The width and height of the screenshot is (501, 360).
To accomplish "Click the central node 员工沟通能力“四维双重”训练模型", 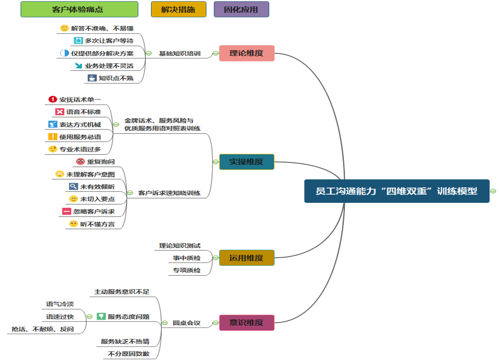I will click(x=397, y=191).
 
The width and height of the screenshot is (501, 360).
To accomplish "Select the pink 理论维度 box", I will click(x=247, y=53).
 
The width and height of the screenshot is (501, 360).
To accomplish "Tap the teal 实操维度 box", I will click(x=247, y=162).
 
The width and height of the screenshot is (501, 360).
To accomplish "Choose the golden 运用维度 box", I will click(x=247, y=258).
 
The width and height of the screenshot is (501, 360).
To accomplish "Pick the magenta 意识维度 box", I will click(x=247, y=323).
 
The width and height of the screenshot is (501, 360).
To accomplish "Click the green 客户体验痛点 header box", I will click(x=79, y=9).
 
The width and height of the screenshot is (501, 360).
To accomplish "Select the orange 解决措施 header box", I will click(x=178, y=9).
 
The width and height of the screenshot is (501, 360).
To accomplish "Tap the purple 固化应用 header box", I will click(x=241, y=9).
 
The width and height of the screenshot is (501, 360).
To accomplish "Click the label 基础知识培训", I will click(x=180, y=53).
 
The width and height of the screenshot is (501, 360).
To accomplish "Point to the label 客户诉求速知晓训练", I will click(x=169, y=193).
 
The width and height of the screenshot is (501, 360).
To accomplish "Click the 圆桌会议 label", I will click(x=187, y=323).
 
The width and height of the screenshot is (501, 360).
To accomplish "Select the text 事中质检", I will click(x=187, y=258).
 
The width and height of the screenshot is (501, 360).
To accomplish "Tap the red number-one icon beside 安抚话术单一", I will click(x=52, y=99).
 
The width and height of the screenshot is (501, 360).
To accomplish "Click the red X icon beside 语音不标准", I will click(x=59, y=112).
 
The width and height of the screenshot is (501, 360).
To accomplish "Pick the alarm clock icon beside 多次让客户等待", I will click(x=78, y=41).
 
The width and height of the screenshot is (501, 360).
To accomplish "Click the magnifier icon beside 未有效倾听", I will click(x=73, y=187).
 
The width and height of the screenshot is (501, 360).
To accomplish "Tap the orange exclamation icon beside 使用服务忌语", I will click(x=52, y=137).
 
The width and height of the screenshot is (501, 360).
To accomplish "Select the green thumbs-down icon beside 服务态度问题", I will click(x=101, y=316).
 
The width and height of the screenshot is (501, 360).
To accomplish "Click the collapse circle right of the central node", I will click(x=493, y=191).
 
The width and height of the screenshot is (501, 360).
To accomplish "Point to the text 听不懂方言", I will click(x=97, y=224).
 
